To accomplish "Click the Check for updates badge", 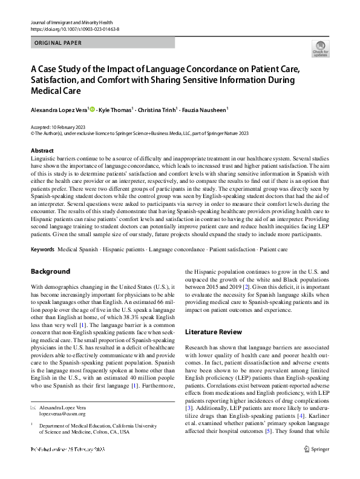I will pos(320,49).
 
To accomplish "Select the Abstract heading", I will pos(42,151).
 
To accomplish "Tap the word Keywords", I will pos(42,249).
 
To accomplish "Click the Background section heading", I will pos(50,271).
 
